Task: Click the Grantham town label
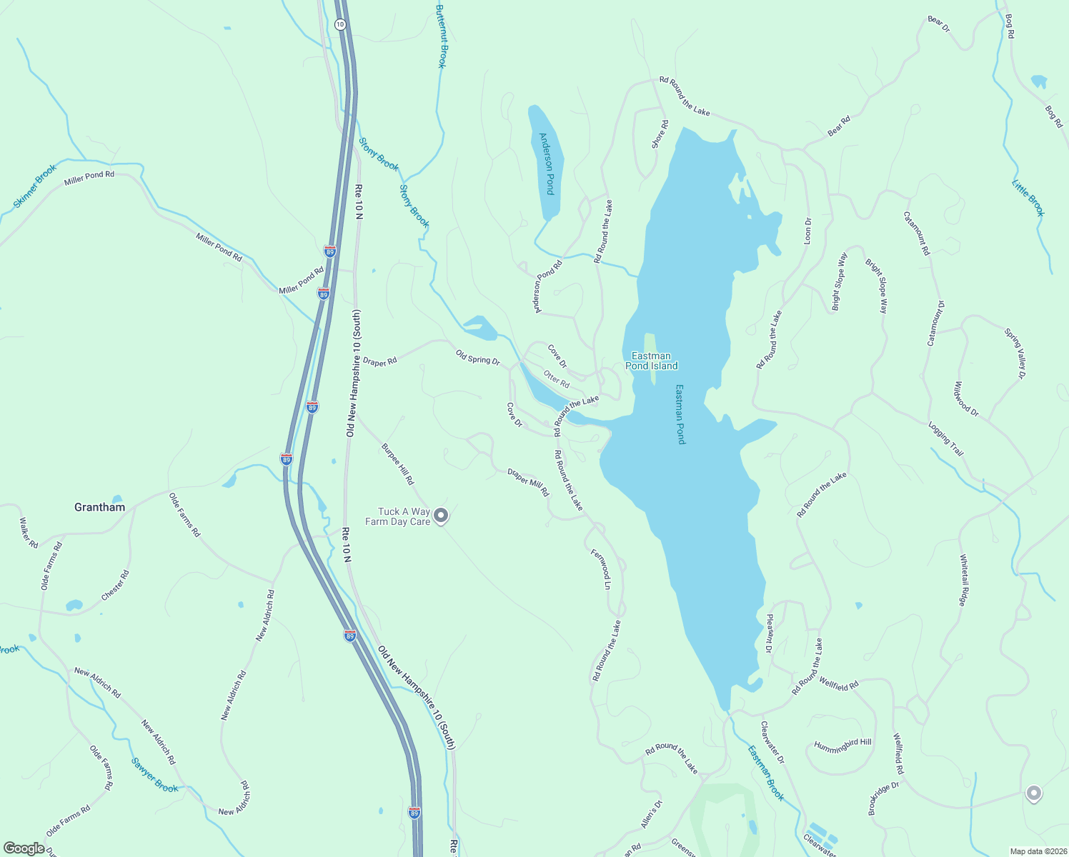[99, 507]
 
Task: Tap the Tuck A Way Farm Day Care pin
[441, 516]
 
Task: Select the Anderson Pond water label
[547, 164]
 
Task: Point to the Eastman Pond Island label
[651, 361]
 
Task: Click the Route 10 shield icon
[339, 24]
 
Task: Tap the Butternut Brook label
[441, 36]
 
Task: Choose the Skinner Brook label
[35, 187]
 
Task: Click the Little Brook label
[1028, 198]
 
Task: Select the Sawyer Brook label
[155, 775]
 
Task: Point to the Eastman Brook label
[766, 773]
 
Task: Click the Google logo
[24, 848]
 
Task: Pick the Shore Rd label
[660, 134]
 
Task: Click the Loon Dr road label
[808, 231]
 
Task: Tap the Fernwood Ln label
[601, 568]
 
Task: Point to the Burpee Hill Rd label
[397, 464]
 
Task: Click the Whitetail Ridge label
[963, 580]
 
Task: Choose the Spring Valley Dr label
[1015, 354]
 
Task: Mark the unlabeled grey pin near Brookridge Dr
[1033, 793]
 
